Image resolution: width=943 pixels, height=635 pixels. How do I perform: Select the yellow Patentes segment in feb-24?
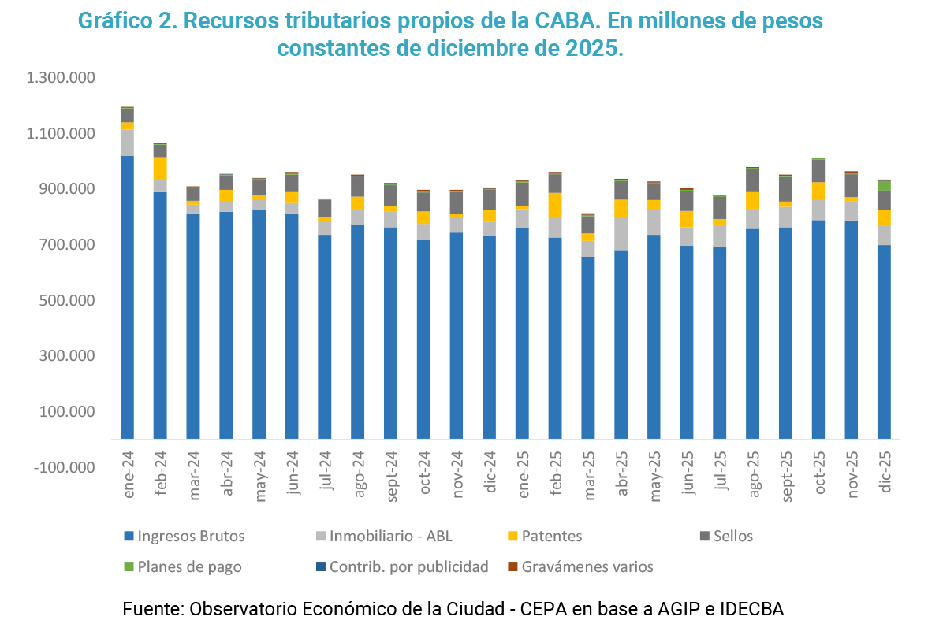pyautogui.click(x=160, y=168)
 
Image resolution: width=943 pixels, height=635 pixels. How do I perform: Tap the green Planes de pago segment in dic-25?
pyautogui.click(x=884, y=185)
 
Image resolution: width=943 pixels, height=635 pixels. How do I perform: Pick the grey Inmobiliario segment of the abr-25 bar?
pyautogui.click(x=621, y=233)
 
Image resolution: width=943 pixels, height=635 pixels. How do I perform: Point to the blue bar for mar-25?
pyautogui.click(x=588, y=347)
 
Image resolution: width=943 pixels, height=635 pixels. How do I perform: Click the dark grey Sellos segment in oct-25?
pyautogui.click(x=818, y=171)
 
